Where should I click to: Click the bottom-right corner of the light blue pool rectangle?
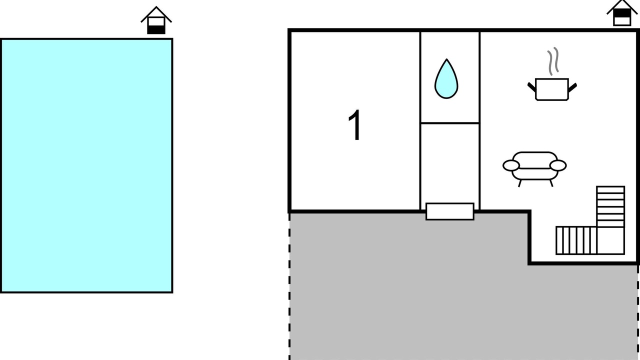172,292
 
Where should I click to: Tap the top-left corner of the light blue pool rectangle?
0,39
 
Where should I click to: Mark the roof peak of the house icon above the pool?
156,6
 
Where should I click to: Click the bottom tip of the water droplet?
446,98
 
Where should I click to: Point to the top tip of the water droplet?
446,59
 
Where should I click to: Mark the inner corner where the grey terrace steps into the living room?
529,211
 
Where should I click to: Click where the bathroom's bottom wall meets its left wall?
420,123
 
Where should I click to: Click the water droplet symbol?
446,79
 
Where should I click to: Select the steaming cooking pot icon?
552,74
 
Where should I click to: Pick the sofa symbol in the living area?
534,169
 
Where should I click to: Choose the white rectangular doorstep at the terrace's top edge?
450,211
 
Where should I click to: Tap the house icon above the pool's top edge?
156,20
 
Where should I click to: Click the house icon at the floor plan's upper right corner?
622,13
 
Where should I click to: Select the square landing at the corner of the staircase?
610,240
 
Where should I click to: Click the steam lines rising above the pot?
553,61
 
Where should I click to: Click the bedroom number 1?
355,125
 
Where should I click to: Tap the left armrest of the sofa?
511,165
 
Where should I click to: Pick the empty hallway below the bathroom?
450,166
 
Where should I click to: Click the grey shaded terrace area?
428,285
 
